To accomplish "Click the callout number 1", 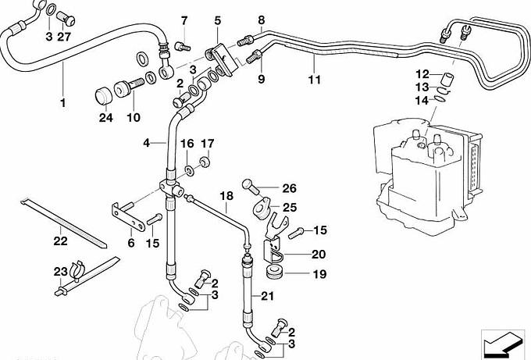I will pos(63,102).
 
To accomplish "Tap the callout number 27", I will pos(63,36).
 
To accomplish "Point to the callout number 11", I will pos(314,80).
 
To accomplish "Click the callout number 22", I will pos(60,242).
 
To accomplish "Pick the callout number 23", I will pos(60,272).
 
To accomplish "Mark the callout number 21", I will pos(268,295).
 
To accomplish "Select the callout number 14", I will pos(422,100).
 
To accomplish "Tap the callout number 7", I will pos(185,20).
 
